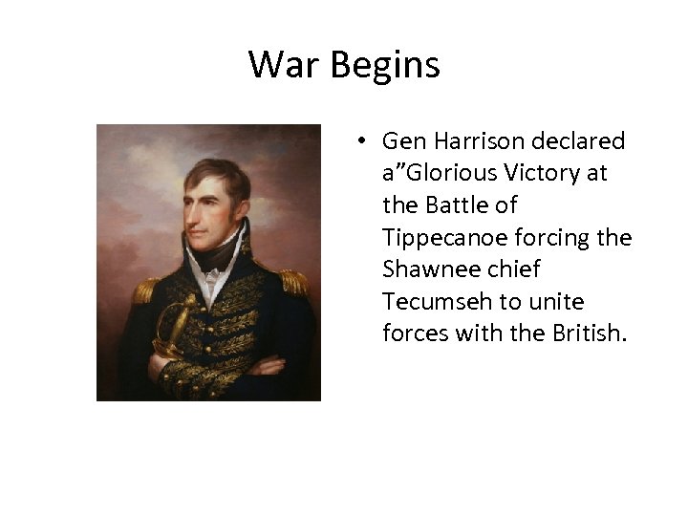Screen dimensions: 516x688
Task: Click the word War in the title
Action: (285, 65)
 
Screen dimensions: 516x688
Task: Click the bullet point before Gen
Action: (361, 142)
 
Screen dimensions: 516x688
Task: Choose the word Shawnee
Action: (427, 269)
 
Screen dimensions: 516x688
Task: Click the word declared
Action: (582, 141)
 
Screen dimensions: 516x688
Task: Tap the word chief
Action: (516, 269)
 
